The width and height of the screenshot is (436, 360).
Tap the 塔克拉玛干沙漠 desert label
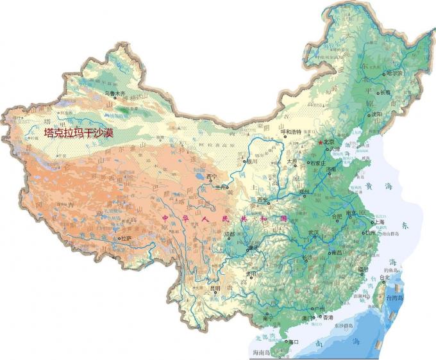click(78, 133)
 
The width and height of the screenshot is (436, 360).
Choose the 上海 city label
click(377, 222)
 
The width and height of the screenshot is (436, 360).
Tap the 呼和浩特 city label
click(292, 133)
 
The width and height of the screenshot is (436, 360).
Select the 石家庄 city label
click(319, 163)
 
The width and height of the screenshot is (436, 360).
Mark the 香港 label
click(328, 317)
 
